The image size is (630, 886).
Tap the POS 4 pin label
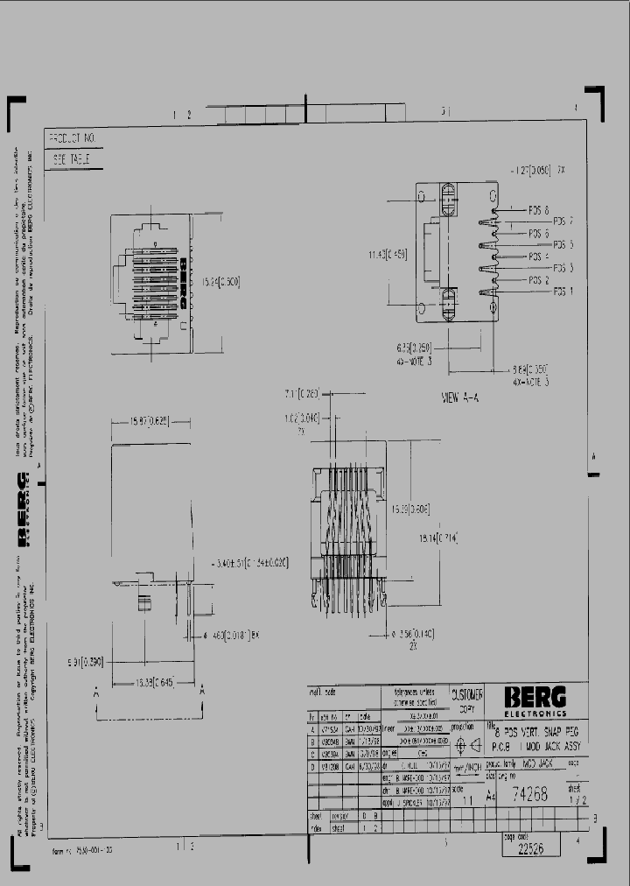[539, 257]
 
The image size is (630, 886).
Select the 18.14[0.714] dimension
[438, 538]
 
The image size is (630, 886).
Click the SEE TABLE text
[73, 160]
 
